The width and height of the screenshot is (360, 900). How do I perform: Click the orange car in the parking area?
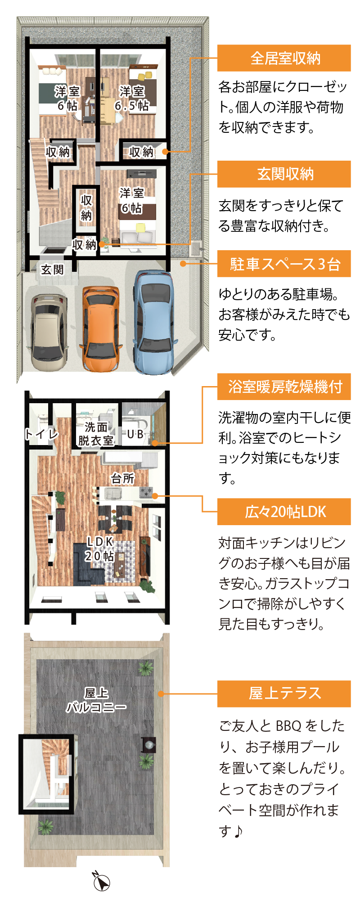(100, 328)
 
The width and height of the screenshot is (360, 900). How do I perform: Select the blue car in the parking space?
(154, 322)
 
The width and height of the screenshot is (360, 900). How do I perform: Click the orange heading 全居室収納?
(284, 58)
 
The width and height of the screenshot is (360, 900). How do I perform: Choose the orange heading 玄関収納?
(284, 174)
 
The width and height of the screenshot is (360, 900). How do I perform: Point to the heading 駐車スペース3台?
(284, 264)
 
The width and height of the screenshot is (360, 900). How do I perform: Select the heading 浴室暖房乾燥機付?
(284, 387)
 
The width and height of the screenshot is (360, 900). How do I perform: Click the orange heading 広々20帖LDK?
(284, 512)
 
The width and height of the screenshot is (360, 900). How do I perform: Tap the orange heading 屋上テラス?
(284, 693)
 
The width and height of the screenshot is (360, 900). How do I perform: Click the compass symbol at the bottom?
(101, 881)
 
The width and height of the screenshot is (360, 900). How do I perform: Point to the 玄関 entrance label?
(52, 270)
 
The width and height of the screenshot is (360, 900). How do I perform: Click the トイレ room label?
(41, 434)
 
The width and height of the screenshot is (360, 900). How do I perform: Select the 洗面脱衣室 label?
(96, 433)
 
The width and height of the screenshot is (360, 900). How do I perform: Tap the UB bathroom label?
(135, 434)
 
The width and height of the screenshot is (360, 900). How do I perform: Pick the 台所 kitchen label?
(122, 478)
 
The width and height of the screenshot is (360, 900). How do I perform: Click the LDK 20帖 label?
(100, 549)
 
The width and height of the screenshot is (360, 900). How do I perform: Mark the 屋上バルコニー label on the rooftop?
(96, 700)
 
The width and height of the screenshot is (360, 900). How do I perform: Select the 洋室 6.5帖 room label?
(131, 99)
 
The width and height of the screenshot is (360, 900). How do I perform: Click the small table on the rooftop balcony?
(148, 744)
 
